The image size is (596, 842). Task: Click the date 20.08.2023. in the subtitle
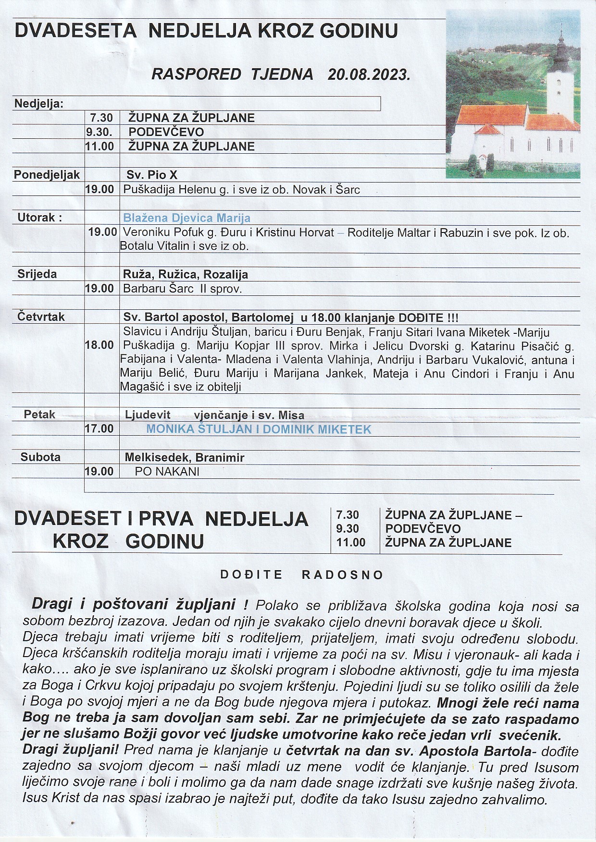369,74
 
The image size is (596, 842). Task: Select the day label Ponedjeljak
47,175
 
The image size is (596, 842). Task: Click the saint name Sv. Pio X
152,175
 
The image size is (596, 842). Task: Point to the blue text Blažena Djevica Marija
186,218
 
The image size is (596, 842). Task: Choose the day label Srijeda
37,274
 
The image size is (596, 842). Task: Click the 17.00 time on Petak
99,428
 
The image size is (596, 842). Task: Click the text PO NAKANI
167,472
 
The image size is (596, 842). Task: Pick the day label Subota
40,457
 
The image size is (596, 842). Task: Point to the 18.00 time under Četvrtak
99,345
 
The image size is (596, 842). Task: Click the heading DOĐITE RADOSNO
302,575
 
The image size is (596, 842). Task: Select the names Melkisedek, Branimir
185,458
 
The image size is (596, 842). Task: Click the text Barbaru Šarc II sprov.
182,289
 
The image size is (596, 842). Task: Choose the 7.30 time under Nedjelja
101,118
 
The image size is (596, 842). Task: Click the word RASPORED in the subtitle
196,74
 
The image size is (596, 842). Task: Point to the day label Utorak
39,218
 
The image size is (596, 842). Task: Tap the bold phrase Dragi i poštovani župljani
134,604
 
